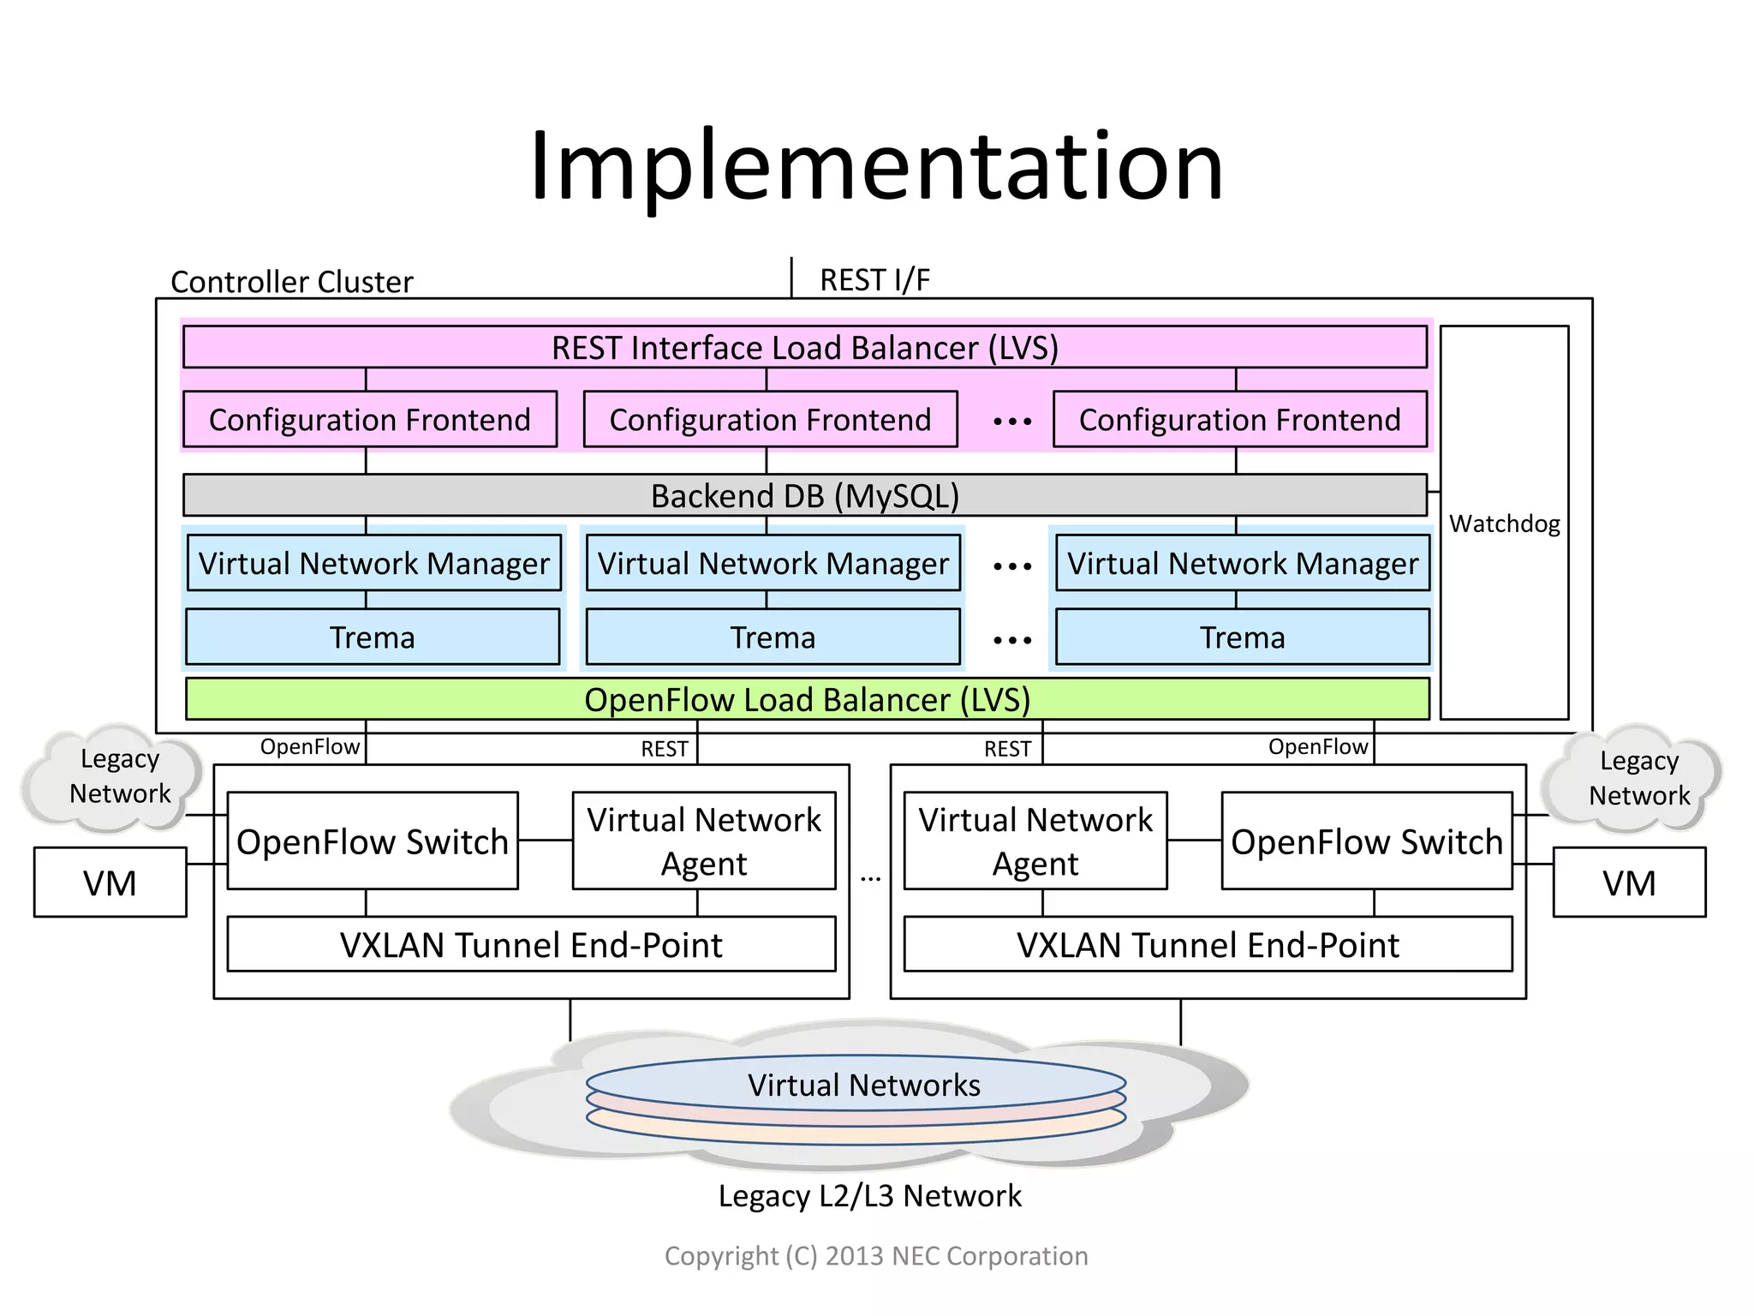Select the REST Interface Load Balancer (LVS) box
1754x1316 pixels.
click(804, 348)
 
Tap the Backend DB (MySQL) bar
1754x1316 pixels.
click(804, 496)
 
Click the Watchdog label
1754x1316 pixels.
click(1504, 523)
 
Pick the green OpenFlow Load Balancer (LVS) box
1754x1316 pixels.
click(807, 700)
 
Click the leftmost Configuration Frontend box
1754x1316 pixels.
click(370, 420)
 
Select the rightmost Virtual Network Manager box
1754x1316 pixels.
click(1242, 564)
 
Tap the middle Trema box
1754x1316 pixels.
click(773, 637)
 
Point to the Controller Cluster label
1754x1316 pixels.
click(291, 282)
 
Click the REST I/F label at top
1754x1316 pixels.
click(874, 280)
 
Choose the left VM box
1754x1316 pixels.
click(110, 883)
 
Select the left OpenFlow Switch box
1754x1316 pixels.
click(373, 841)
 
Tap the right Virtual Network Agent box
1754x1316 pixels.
click(1035, 841)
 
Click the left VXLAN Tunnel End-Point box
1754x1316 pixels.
click(531, 945)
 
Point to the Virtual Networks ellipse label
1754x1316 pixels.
click(863, 1085)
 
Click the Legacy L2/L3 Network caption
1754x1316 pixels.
click(869, 1196)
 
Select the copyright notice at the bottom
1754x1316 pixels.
click(876, 1256)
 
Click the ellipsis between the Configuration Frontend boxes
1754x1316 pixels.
click(1012, 422)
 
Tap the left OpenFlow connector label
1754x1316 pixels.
click(309, 747)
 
